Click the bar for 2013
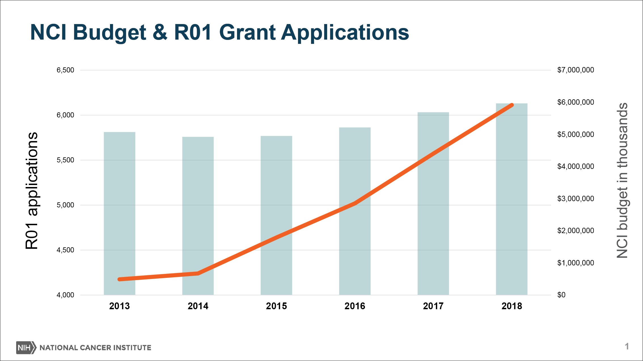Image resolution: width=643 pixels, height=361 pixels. [119, 213]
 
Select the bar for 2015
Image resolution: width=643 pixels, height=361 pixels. [276, 215]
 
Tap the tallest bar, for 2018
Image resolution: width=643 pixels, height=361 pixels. [511, 199]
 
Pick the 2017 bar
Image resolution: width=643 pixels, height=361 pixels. [433, 204]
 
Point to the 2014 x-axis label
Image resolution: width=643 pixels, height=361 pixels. [198, 306]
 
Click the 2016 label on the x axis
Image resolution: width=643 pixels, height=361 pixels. [355, 306]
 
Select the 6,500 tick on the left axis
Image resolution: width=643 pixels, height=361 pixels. [65, 70]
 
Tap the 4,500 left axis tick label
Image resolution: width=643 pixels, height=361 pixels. [65, 250]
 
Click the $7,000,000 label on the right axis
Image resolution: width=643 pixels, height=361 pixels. [576, 70]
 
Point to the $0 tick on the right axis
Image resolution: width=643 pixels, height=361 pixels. [561, 295]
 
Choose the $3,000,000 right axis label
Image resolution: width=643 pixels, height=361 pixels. [576, 199]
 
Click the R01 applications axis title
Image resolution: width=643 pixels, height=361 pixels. [31, 190]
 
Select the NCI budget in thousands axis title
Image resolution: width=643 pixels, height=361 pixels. [622, 180]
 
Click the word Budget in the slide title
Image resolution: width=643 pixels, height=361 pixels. [109, 33]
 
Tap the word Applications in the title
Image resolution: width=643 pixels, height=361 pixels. [345, 33]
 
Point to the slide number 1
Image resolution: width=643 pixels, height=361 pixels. [627, 346]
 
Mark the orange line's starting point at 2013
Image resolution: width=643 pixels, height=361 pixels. [120, 279]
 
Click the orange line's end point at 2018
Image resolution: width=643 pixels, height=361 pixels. [512, 105]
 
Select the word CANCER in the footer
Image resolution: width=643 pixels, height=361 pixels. [95, 348]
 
